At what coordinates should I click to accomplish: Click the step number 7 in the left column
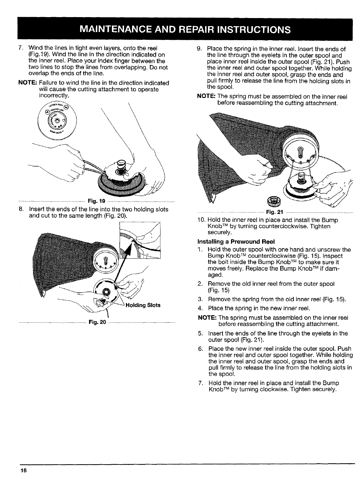(20, 49)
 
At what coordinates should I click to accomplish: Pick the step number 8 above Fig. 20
(20, 209)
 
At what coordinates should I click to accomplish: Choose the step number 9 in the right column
(200, 49)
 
